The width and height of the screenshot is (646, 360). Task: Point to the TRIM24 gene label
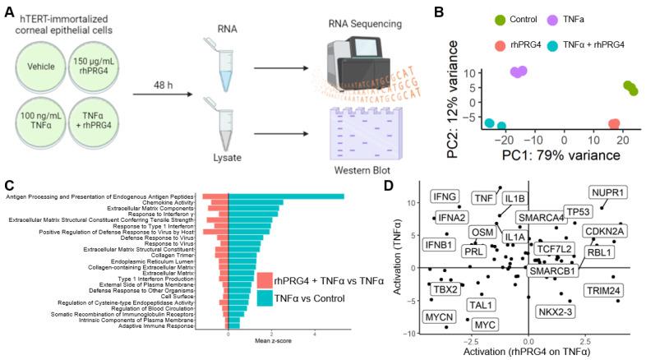point(605,290)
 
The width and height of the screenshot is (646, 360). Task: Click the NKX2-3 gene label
point(556,312)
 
